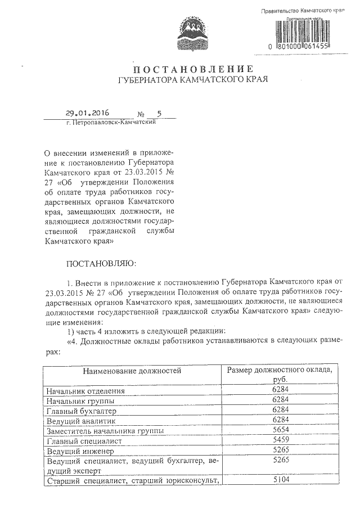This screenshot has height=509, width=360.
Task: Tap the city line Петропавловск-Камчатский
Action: pos(110,123)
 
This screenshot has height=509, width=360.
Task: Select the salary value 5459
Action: pos(280,440)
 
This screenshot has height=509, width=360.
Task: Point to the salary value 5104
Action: pos(280,480)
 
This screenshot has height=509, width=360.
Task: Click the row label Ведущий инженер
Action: pos(80,451)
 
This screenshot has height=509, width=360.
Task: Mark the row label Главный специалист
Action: pos(85,441)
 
